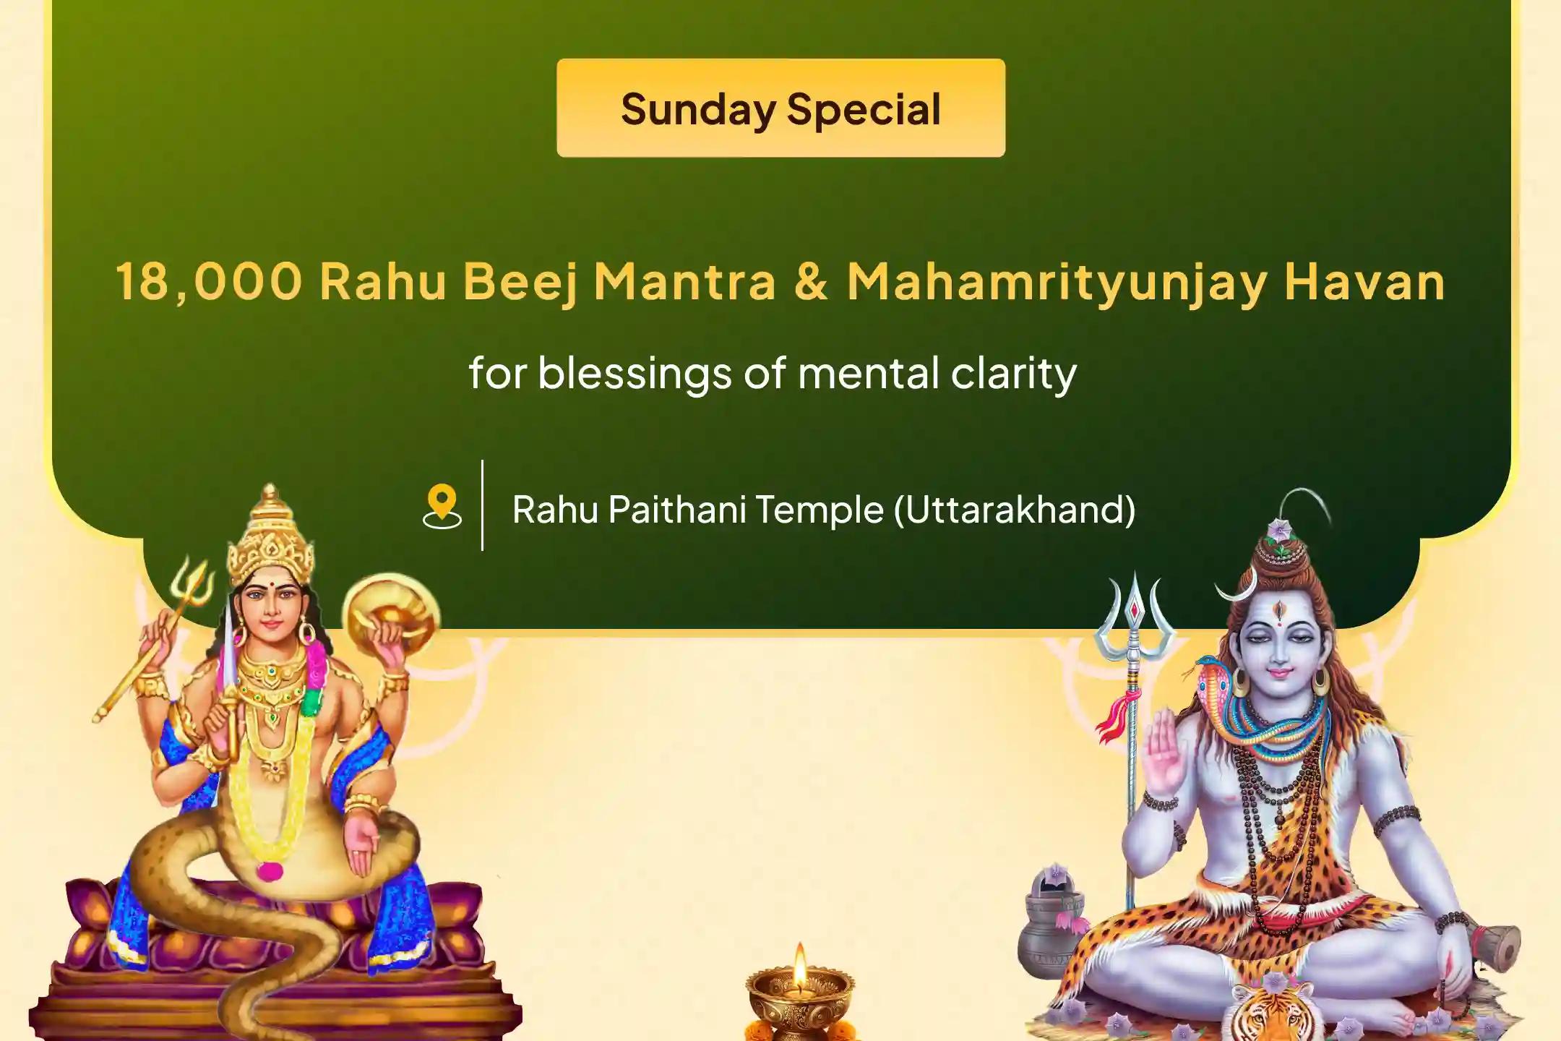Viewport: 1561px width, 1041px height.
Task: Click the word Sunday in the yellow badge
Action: [697, 110]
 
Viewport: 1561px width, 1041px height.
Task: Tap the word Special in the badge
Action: [864, 110]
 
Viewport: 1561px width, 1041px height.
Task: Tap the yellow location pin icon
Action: [442, 507]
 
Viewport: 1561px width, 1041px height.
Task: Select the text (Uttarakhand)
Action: [1014, 510]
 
